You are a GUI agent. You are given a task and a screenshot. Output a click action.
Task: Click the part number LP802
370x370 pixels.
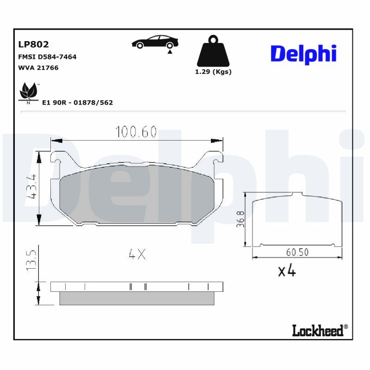pos(33,44)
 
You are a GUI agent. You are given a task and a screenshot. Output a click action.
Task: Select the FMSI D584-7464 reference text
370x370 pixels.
pos(47,57)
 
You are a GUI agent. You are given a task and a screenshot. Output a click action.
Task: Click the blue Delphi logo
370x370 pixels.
pos(303,54)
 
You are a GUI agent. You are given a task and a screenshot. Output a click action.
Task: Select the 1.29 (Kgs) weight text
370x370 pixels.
pos(213,72)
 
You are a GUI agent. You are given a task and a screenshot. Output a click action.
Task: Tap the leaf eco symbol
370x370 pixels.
pos(29,92)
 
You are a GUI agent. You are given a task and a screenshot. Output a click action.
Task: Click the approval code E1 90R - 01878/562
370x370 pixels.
pos(77,103)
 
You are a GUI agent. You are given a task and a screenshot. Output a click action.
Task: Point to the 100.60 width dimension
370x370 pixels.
pos(136,132)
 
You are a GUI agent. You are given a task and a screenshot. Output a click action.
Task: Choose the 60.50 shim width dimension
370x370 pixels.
pos(297,252)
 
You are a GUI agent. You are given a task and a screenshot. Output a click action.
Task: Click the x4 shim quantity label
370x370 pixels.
pos(287,271)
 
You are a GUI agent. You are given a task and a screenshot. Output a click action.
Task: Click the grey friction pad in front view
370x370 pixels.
pos(136,194)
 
